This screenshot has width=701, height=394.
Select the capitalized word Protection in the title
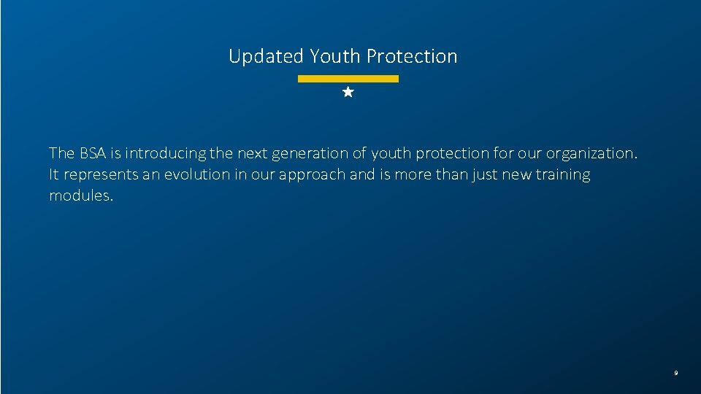point(412,56)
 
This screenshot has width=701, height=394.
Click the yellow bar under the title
point(348,78)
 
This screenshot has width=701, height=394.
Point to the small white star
point(348,93)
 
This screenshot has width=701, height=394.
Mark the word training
point(563,175)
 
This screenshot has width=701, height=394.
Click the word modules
point(81,196)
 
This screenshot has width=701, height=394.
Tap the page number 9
point(675,373)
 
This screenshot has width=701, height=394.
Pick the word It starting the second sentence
point(53,175)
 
